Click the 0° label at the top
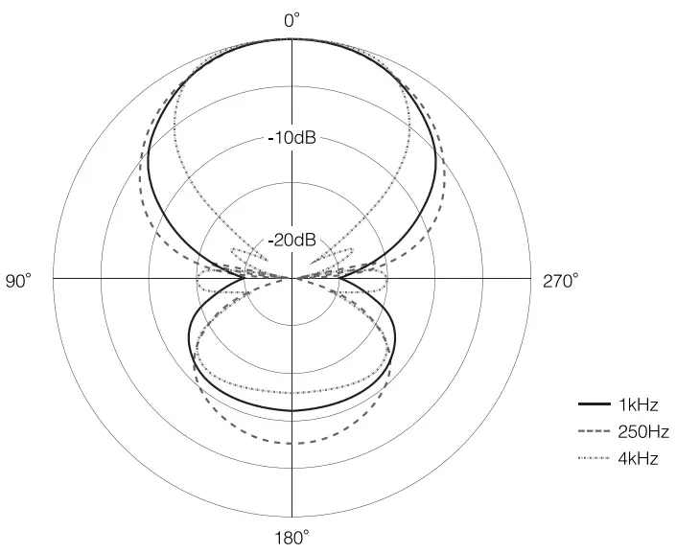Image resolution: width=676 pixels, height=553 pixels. click(x=292, y=19)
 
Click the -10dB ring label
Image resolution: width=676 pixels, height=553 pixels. click(x=292, y=138)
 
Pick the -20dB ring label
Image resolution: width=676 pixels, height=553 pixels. click(x=292, y=239)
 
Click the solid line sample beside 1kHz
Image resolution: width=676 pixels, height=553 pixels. click(x=595, y=404)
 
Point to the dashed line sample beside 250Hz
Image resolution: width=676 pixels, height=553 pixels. click(x=595, y=432)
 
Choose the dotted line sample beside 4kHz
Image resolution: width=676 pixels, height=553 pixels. click(x=595, y=459)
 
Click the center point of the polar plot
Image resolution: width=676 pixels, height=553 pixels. click(x=292, y=278)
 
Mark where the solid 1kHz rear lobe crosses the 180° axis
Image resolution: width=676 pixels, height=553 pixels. click(x=292, y=410)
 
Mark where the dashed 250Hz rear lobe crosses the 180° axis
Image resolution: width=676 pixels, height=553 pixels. click(x=292, y=443)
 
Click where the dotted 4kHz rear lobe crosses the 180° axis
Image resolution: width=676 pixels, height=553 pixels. click(x=292, y=392)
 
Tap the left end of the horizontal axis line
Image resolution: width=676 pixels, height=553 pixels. click(x=54, y=278)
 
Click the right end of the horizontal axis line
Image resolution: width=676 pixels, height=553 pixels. click(x=531, y=278)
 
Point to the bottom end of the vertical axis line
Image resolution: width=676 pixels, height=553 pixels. click(x=292, y=518)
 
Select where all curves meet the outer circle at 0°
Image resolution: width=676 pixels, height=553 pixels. click(x=292, y=39)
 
